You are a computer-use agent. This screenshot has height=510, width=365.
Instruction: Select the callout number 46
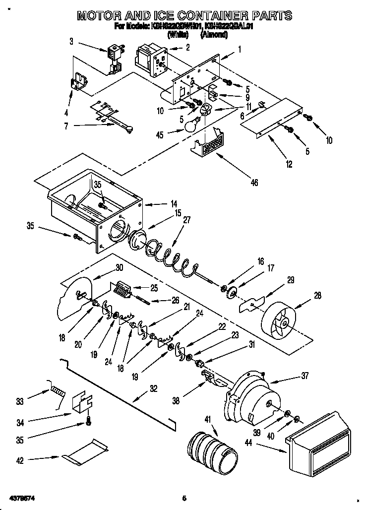[254, 183]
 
